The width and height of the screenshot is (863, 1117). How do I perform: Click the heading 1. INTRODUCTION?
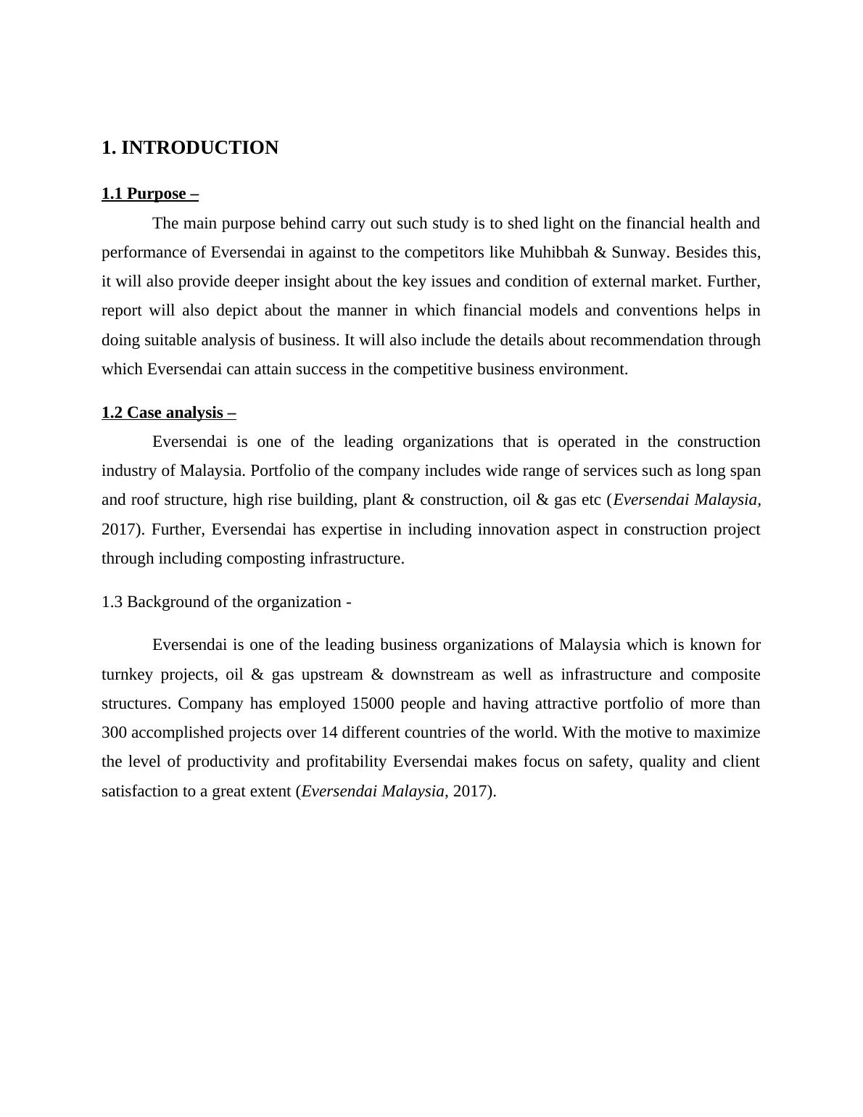(x=190, y=148)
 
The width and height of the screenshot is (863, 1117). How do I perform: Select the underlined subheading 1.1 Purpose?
(x=150, y=194)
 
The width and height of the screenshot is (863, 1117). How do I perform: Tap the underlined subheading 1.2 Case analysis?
(x=169, y=413)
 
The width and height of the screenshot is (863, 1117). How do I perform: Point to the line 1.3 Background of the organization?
(x=226, y=602)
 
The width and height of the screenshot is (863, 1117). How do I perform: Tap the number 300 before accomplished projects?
(x=115, y=733)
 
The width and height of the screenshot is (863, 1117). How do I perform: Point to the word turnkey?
(x=127, y=675)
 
